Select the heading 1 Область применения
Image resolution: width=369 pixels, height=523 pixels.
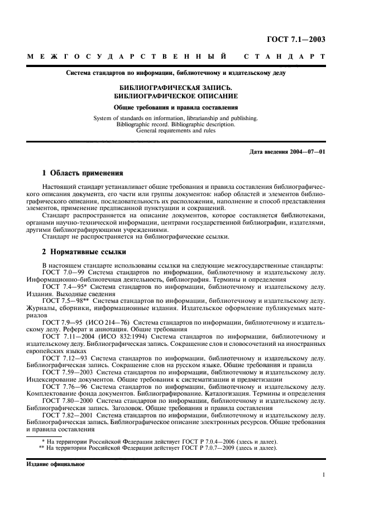(x=83, y=173)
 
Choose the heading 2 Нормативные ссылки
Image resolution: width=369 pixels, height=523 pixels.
(x=84, y=251)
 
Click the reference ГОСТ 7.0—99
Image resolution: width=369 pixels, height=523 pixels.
(x=61, y=272)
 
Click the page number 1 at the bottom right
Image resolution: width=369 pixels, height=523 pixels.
(x=324, y=476)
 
